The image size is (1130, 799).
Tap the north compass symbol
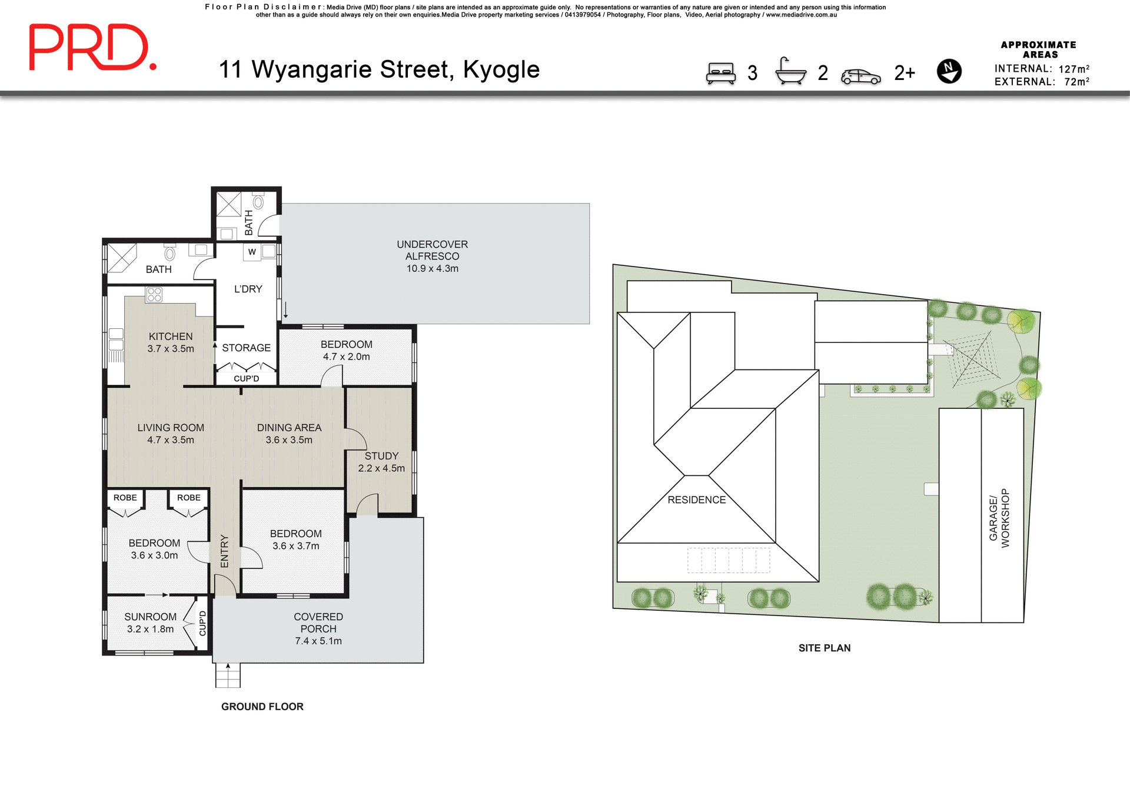tap(949, 71)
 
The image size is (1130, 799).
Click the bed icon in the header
tap(721, 74)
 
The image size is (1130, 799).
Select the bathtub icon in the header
tap(790, 72)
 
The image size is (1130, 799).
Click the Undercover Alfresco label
tap(432, 256)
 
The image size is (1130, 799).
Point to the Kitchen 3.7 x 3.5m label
tap(171, 342)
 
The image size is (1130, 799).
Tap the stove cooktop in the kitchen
tap(154, 295)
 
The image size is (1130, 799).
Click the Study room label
tap(381, 462)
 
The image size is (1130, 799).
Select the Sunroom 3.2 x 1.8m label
tap(150, 622)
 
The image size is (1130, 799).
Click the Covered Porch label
tap(318, 628)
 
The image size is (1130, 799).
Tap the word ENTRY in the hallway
tap(224, 551)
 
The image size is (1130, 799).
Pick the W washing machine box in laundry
tap(252, 252)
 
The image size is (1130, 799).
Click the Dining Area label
tap(289, 434)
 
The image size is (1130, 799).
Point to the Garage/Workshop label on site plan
tap(999, 518)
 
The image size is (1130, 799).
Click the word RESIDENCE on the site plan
tap(696, 500)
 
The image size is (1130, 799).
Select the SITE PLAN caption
tap(824, 648)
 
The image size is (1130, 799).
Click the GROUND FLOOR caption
tap(262, 707)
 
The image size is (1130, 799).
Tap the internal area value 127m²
tap(1073, 69)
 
